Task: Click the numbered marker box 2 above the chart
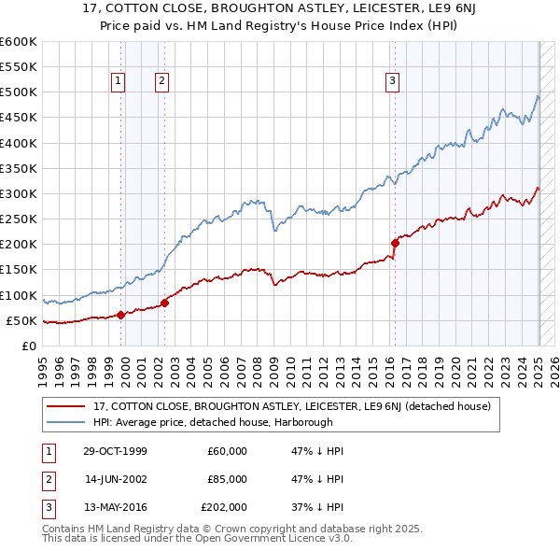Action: coord(162,81)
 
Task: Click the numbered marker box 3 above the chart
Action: coord(392,81)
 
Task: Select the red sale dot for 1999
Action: coord(121,315)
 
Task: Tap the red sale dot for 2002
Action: coord(165,303)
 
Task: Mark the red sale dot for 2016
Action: coord(395,243)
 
